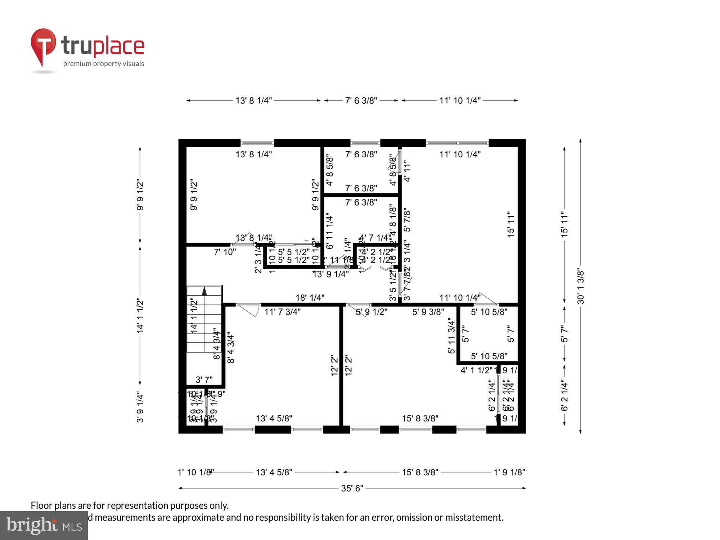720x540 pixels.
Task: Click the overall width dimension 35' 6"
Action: pyautogui.click(x=352, y=489)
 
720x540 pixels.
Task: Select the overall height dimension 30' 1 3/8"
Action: pyautogui.click(x=580, y=287)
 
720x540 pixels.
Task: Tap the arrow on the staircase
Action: pyautogui.click(x=204, y=291)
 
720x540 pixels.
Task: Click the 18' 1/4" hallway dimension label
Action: pyautogui.click(x=310, y=298)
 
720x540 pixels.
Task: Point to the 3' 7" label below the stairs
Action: pyautogui.click(x=204, y=380)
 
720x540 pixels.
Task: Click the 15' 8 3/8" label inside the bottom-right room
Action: pyautogui.click(x=420, y=418)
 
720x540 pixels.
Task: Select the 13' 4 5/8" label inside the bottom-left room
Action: pyautogui.click(x=274, y=418)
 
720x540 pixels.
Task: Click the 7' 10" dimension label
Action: pyautogui.click(x=225, y=252)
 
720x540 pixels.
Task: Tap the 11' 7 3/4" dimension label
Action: pyautogui.click(x=282, y=312)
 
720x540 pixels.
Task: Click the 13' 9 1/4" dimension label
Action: pyautogui.click(x=330, y=274)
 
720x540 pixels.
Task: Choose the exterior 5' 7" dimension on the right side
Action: pyautogui.click(x=564, y=334)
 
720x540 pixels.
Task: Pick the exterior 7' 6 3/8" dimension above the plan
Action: pyautogui.click(x=361, y=100)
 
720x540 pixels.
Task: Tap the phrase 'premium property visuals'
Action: pyautogui.click(x=103, y=64)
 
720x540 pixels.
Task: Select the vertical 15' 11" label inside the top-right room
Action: pyautogui.click(x=511, y=224)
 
